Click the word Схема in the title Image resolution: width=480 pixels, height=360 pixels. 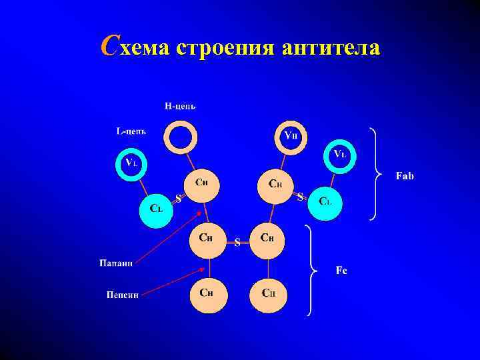135,48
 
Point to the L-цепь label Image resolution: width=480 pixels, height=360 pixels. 131,131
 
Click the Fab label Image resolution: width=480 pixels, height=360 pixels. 405,176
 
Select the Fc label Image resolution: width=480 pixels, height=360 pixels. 341,270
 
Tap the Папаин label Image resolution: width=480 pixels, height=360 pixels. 117,263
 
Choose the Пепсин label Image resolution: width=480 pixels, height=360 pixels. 123,294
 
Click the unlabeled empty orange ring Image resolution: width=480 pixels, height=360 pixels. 181,137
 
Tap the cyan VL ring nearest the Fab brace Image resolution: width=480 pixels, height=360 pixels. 340,155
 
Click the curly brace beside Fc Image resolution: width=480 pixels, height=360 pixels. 311,269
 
